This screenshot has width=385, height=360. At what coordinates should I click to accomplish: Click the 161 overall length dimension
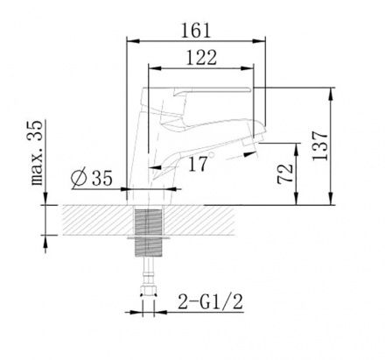pyautogui.click(x=195, y=31)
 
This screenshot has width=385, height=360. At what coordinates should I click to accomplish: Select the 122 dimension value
pyautogui.click(x=201, y=57)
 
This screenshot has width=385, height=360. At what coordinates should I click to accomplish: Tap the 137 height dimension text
pyautogui.click(x=320, y=145)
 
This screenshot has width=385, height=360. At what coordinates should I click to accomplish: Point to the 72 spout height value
pyautogui.click(x=285, y=173)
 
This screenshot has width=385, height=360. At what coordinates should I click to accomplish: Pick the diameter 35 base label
pyautogui.click(x=91, y=177)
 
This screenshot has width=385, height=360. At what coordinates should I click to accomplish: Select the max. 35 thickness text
pyautogui.click(x=37, y=152)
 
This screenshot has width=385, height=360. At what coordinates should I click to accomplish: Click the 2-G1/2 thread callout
pyautogui.click(x=210, y=301)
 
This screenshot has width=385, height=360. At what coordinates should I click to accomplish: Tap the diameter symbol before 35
pyautogui.click(x=79, y=178)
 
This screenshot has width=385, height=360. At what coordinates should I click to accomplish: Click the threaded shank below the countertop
pyautogui.click(x=149, y=230)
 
